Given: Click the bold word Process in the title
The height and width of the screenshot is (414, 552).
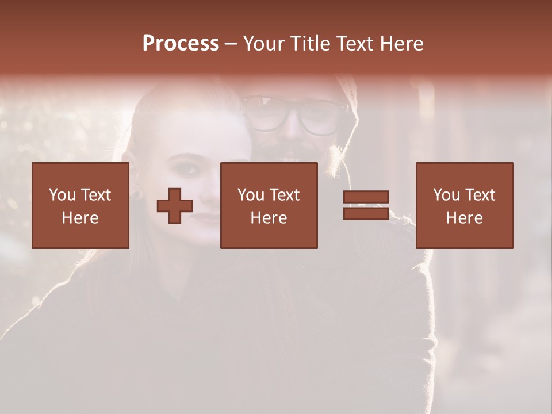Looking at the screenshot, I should click(x=181, y=44).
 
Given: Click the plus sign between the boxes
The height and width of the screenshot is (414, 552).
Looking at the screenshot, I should click(x=175, y=205).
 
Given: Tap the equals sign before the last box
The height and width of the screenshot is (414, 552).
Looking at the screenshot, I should click(x=366, y=205).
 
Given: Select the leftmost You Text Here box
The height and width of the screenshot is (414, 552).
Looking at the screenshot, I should click(x=80, y=205).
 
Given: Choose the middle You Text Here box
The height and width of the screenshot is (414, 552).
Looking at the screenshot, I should click(x=269, y=205).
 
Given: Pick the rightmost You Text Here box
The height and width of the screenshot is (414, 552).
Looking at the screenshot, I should click(x=464, y=205).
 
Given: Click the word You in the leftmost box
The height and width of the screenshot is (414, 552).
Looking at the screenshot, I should click(x=62, y=195).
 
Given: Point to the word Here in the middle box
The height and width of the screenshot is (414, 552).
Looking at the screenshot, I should click(x=269, y=218).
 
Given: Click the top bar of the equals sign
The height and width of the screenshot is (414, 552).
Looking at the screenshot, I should click(x=366, y=197).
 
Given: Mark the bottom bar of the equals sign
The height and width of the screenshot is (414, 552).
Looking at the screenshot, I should click(x=366, y=214).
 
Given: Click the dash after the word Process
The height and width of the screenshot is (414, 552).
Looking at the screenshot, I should click(x=231, y=44).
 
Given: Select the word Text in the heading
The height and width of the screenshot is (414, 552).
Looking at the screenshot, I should click(x=352, y=44).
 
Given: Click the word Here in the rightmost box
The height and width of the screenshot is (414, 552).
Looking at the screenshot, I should click(x=464, y=218).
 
